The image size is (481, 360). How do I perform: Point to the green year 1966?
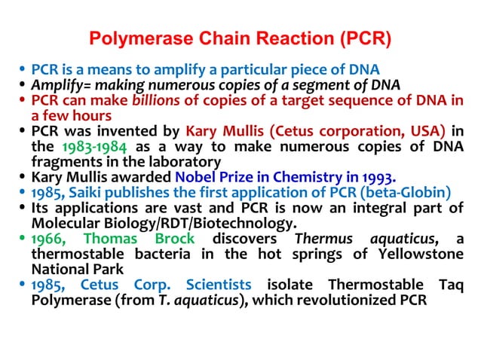coord(47,239)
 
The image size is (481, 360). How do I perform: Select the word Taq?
coord(450,285)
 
